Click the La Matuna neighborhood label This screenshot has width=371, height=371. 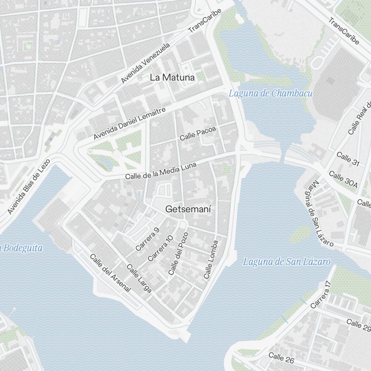pyautogui.click(x=172, y=78)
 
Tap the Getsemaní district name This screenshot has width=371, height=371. pyautogui.click(x=188, y=209)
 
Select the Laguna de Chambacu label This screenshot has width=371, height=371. pyautogui.click(x=270, y=93)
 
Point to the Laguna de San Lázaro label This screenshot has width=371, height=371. pyautogui.click(x=286, y=262)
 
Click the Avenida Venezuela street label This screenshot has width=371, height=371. pyautogui.click(x=146, y=63)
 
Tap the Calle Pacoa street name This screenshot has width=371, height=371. pyautogui.click(x=198, y=133)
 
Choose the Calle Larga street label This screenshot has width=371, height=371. pyautogui.click(x=139, y=278)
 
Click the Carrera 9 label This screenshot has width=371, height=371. pyautogui.click(x=147, y=239)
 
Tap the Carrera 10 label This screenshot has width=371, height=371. pyautogui.click(x=160, y=248)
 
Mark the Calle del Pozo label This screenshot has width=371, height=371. pyautogui.click(x=178, y=253)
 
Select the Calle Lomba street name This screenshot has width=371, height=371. pyautogui.click(x=211, y=259)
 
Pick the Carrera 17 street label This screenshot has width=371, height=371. pyautogui.click(x=321, y=294)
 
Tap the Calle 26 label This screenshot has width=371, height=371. pyautogui.click(x=281, y=358)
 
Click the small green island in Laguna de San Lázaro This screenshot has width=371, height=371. pyautogui.click(x=301, y=234)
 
